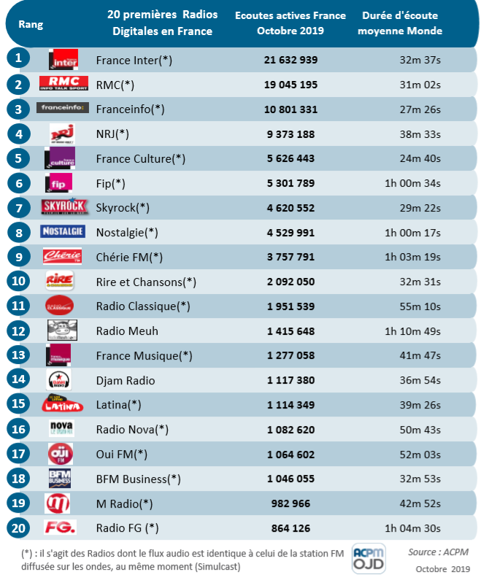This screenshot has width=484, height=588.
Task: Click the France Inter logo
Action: tap(63, 59)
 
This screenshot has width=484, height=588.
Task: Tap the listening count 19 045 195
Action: tap(291, 85)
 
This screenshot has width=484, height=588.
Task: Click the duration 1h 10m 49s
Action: tap(412, 331)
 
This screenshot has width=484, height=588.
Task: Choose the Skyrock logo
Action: tap(64, 207)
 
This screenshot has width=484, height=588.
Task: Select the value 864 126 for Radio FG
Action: tap(291, 528)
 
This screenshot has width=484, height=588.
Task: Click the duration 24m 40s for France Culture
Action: tap(417, 158)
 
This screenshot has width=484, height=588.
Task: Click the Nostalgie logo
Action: tap(63, 232)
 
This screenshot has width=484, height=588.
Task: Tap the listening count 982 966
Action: tap(291, 503)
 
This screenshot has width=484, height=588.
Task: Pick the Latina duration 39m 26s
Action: tap(417, 405)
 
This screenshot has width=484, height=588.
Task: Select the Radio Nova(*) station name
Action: tap(132, 430)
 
